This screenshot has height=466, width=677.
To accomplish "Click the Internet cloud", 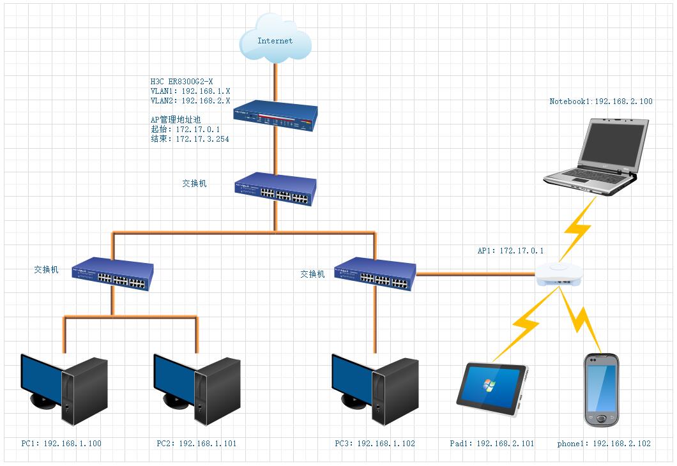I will click(275, 40).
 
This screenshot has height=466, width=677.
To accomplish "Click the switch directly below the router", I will click(275, 189).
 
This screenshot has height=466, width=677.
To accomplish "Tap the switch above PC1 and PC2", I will click(113, 274).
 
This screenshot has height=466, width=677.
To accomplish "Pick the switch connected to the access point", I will click(376, 274).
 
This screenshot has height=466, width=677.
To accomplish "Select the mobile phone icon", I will click(602, 389).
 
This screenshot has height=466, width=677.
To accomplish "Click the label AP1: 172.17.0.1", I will click(510, 251).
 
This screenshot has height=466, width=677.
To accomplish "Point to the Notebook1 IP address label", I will click(601, 101).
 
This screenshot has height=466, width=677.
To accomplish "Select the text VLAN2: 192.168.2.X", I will click(190, 101).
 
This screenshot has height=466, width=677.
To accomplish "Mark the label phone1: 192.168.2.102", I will click(604, 443).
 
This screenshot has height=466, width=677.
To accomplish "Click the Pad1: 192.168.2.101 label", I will click(492, 443).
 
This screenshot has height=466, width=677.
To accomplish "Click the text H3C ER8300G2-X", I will click(181, 82).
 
